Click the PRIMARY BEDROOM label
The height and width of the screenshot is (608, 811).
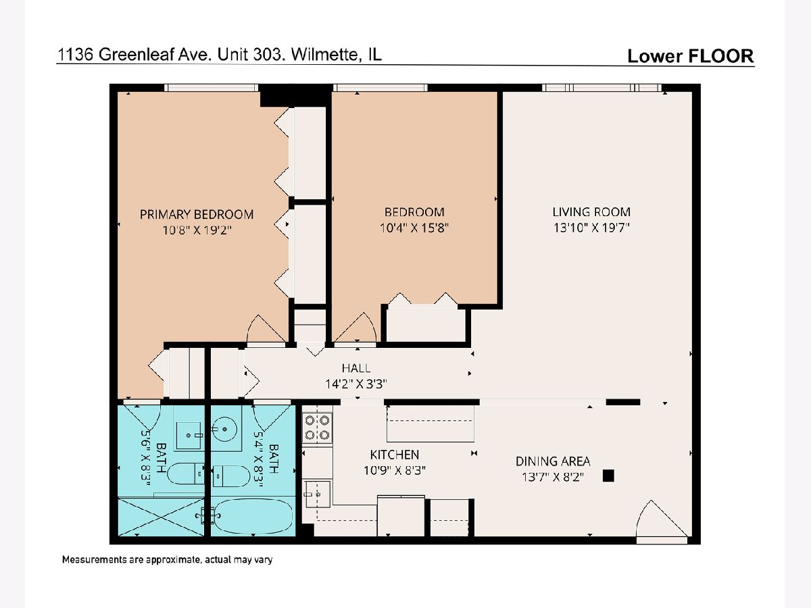197,214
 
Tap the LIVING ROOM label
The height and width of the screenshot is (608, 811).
591,212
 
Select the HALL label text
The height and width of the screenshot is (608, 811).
355,368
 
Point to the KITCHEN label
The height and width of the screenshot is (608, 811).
395,455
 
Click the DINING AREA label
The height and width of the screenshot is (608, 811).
553,461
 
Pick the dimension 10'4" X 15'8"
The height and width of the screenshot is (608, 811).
414,228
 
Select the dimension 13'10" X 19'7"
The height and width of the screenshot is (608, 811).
591,228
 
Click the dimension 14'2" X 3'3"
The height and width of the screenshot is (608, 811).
355,384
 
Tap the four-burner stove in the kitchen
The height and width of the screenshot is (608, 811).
317,428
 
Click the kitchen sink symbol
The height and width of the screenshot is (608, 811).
317,495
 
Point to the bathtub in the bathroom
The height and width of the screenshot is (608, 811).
253,515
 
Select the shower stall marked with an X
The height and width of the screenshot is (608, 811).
161,517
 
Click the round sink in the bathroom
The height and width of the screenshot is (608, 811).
224,428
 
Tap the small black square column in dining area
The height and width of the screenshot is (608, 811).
608,476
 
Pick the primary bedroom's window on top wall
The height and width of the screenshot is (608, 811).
212,88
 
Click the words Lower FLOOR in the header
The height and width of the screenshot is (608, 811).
691,56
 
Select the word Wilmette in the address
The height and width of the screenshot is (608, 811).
325,55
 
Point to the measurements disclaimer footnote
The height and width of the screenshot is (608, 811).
167,559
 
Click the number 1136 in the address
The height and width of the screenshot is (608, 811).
76,55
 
